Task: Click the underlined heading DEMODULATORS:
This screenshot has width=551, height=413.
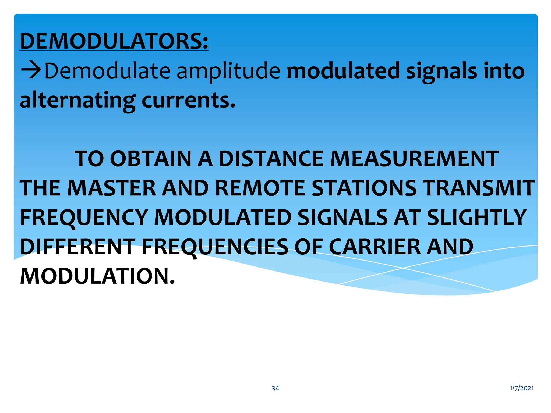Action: [x=114, y=41]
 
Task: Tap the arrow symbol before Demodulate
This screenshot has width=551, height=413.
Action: [x=31, y=70]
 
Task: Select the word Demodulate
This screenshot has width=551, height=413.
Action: [x=107, y=70]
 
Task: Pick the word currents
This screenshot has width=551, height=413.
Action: [x=188, y=100]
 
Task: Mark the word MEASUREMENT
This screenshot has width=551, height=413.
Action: [x=414, y=159]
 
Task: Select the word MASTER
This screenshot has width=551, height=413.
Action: [x=112, y=188]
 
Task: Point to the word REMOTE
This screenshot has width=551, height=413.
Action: [x=260, y=188]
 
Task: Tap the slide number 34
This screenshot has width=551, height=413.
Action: [x=275, y=389]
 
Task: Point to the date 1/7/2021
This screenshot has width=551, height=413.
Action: [x=522, y=388]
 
